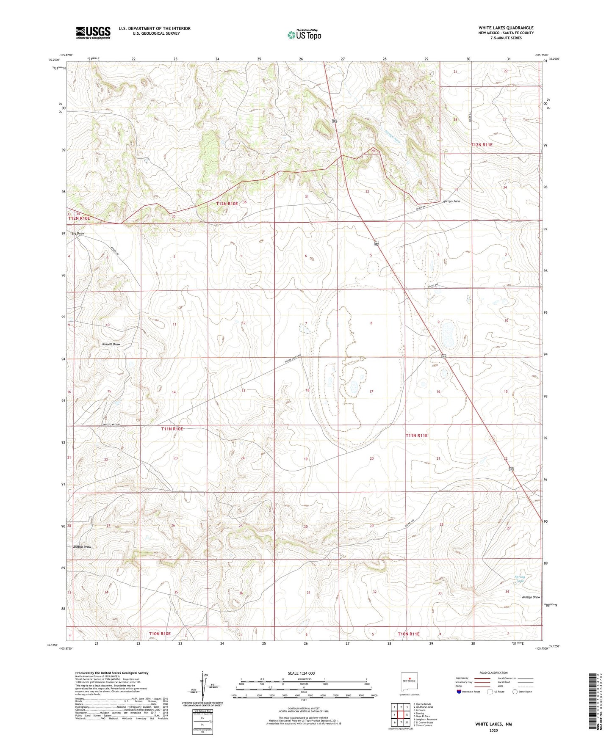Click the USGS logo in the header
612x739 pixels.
(93, 33)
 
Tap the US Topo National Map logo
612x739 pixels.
(304, 35)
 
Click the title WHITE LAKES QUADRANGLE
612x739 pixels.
(506, 28)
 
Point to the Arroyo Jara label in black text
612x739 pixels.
(451, 201)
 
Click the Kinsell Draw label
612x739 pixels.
(111, 344)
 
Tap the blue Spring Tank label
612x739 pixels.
(520, 579)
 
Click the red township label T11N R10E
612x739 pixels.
(172, 429)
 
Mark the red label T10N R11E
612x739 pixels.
(408, 634)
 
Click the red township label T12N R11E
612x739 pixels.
(482, 145)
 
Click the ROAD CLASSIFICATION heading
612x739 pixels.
(493, 673)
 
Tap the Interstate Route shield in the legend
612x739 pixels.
(459, 692)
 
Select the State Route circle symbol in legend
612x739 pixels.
(515, 692)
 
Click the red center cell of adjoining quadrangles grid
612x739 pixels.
(401, 715)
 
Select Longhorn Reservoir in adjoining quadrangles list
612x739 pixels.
(425, 719)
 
